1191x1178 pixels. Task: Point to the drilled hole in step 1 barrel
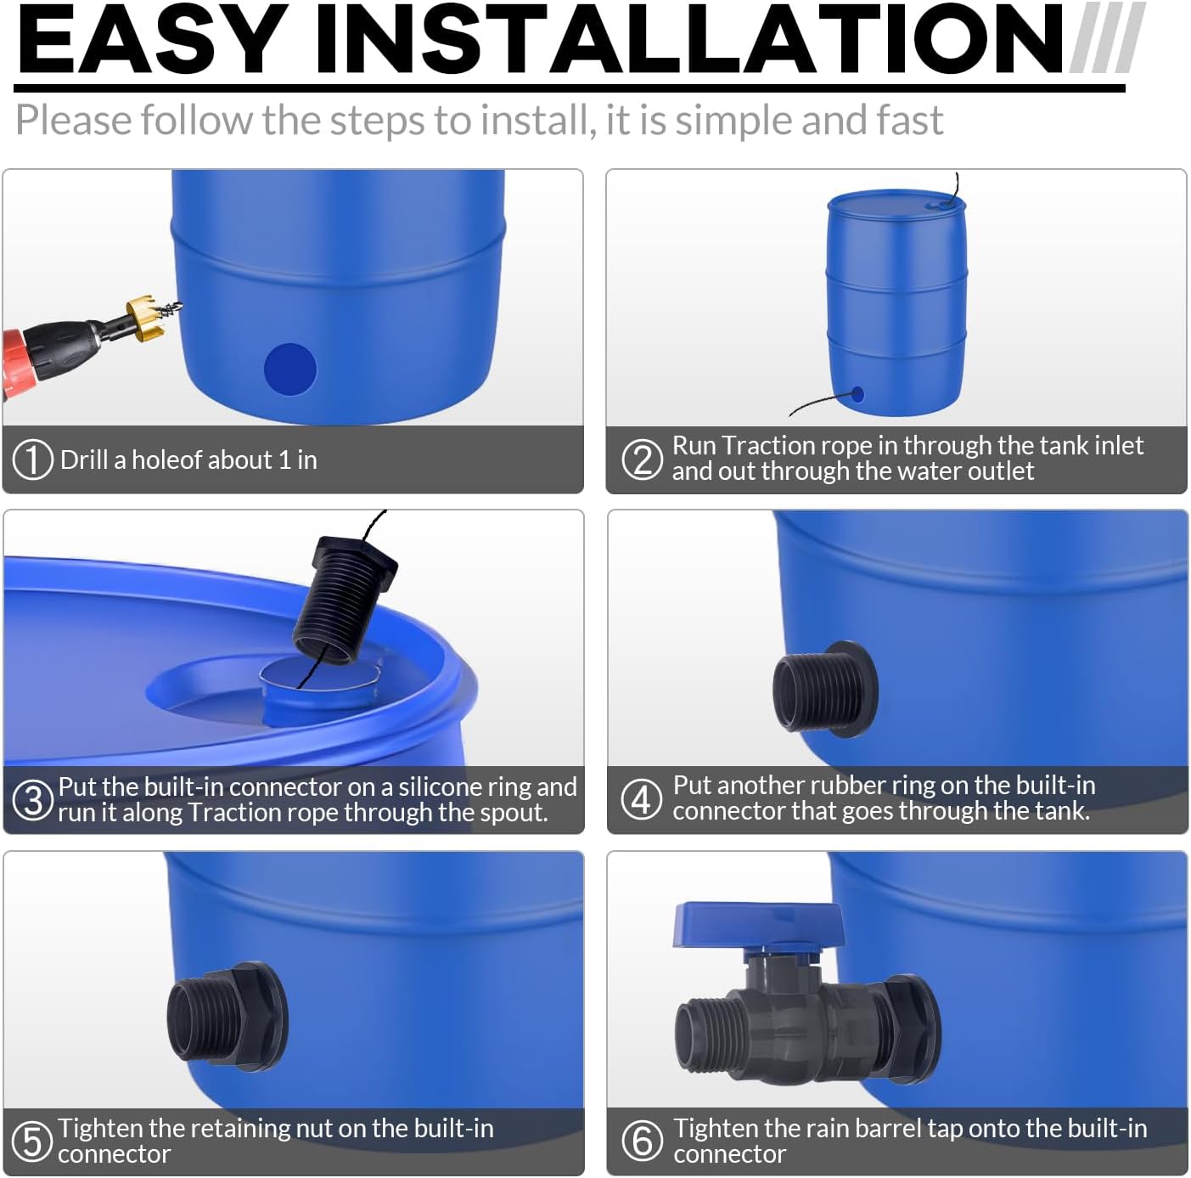coord(290,369)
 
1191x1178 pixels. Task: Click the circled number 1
coord(33,459)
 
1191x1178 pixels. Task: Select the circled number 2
coord(642,459)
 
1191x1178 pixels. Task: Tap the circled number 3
coord(33,800)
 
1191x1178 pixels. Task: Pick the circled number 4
coord(642,799)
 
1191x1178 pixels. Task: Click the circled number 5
coord(33,1141)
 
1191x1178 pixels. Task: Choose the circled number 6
coord(642,1140)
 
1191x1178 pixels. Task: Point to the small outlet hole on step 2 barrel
coord(857,394)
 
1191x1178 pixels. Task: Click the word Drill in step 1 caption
coord(84,459)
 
